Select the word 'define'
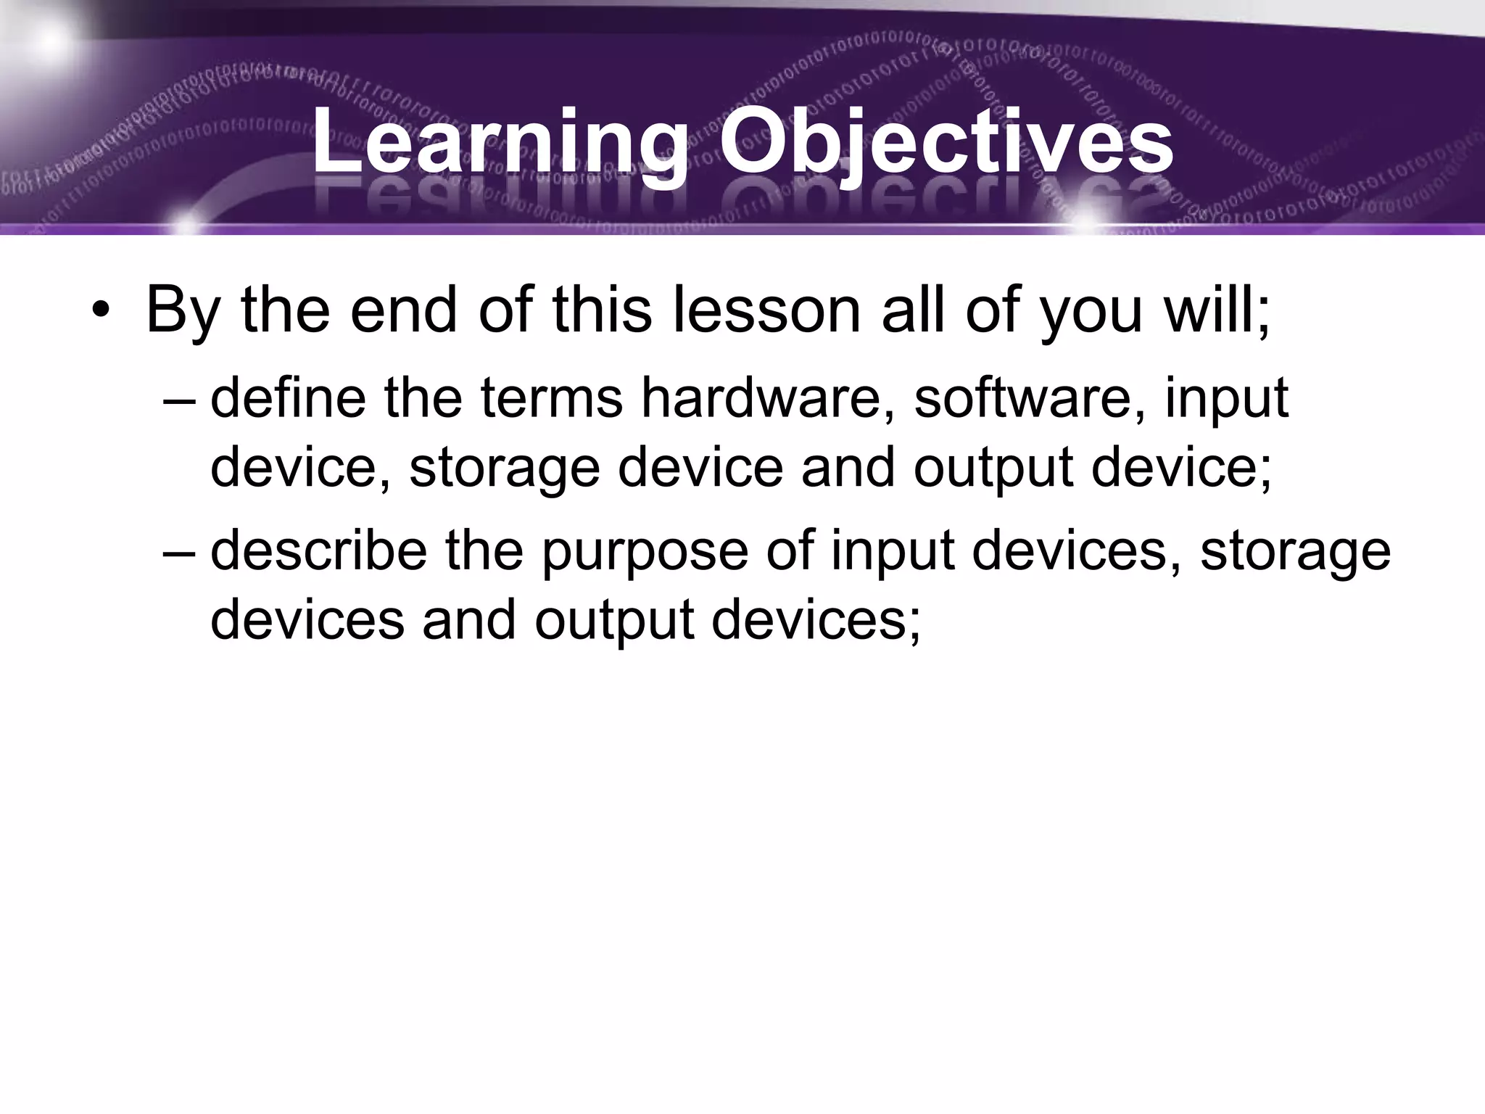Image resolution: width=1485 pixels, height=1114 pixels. (x=287, y=397)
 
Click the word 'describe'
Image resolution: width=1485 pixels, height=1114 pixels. (x=318, y=550)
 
